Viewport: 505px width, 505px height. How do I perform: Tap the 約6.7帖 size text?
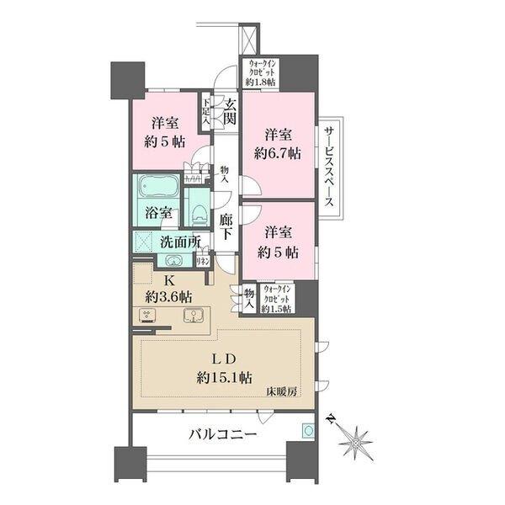click(279, 153)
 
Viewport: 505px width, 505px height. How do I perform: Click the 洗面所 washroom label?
click(179, 242)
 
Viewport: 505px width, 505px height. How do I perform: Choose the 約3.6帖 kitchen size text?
click(168, 297)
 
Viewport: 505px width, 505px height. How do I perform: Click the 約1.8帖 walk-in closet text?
click(263, 82)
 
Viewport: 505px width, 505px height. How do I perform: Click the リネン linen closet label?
click(202, 262)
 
